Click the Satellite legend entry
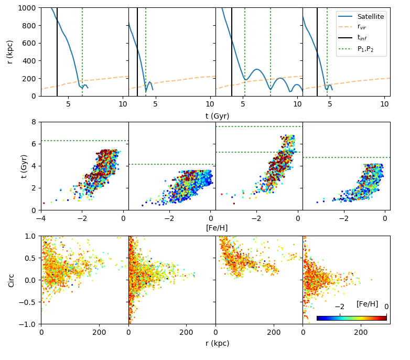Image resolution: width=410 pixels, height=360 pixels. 361,16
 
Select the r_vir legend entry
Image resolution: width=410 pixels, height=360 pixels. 352,27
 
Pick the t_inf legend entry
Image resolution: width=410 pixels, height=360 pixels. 352,38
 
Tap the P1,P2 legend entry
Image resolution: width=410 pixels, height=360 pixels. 356,49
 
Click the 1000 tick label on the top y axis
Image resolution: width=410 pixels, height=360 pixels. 27,8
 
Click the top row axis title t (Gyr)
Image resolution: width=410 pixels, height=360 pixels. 217,116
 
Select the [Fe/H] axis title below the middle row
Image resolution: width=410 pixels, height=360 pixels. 217,228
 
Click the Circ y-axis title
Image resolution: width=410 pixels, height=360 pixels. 11,280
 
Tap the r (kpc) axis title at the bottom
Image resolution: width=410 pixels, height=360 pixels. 217,343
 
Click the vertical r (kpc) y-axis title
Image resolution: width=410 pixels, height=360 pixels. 9,52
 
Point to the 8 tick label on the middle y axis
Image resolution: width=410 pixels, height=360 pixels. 34,122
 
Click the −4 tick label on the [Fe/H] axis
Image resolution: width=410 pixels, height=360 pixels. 41,218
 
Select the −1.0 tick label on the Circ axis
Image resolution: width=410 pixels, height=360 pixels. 27,324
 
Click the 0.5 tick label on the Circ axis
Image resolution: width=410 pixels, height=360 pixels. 30,258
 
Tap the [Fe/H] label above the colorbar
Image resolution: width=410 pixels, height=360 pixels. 367,304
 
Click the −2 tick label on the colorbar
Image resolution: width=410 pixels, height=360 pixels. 339,306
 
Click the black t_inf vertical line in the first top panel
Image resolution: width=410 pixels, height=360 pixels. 57,52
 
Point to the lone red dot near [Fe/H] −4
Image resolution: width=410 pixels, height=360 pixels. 44,203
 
